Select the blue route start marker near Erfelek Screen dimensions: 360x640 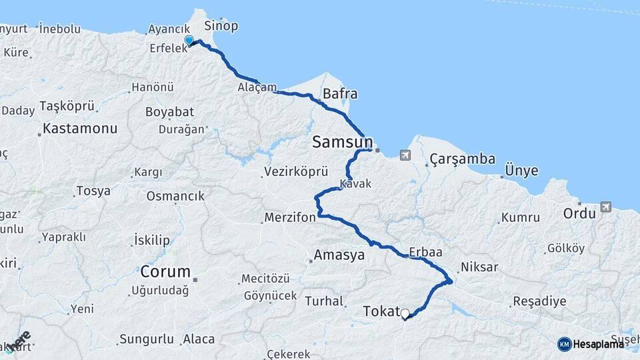[189, 41]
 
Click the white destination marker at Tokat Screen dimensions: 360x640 [405, 313]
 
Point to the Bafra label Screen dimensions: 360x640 [340, 94]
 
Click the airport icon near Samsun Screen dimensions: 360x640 [405, 155]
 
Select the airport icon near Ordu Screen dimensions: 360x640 [605, 207]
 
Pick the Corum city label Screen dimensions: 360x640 [165, 272]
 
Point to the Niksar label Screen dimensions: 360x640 [479, 267]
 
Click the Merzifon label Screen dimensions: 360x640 [289, 218]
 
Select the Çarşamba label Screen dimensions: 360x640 [463, 159]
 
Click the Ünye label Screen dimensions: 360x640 [522, 171]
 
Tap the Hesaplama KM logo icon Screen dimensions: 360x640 [564, 344]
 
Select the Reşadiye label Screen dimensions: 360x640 [539, 301]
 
